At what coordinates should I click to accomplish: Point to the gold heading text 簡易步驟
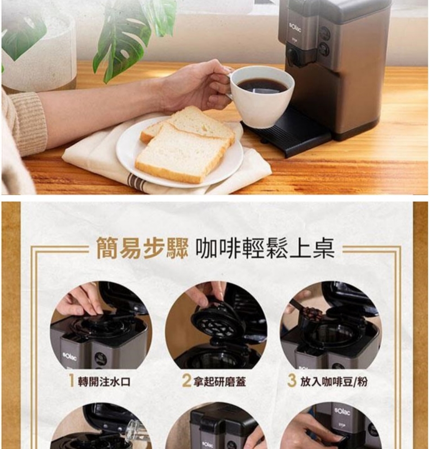click(142, 248)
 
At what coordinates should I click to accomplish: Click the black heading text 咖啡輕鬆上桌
click(265, 248)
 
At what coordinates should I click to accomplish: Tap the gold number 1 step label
click(71, 381)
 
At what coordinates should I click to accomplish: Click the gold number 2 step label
click(186, 381)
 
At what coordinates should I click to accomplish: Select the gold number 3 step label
click(292, 381)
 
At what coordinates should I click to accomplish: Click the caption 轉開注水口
click(104, 381)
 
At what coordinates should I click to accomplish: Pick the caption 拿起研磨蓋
click(219, 381)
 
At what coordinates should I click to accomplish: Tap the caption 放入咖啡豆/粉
click(334, 381)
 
